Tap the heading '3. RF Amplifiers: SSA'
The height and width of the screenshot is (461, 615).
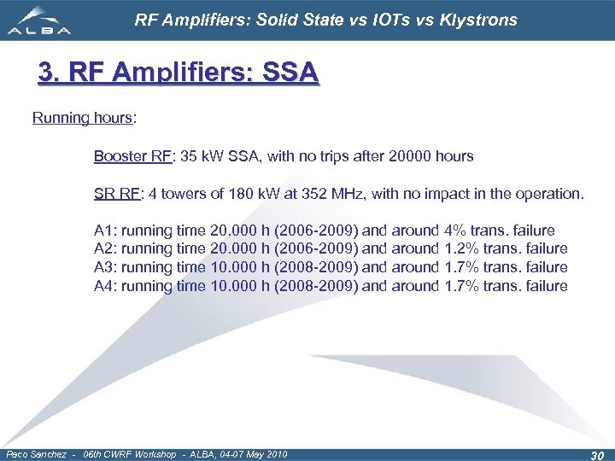(x=179, y=73)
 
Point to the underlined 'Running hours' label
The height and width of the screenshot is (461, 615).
(x=82, y=119)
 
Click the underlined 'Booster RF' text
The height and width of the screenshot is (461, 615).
(x=131, y=157)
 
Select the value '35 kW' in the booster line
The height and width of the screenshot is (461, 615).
(x=202, y=157)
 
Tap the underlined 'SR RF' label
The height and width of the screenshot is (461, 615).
(x=117, y=194)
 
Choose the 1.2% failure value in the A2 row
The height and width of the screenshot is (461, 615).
(x=465, y=249)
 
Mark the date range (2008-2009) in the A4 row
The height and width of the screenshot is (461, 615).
(x=316, y=287)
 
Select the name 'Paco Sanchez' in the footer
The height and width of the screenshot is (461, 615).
(x=34, y=454)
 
